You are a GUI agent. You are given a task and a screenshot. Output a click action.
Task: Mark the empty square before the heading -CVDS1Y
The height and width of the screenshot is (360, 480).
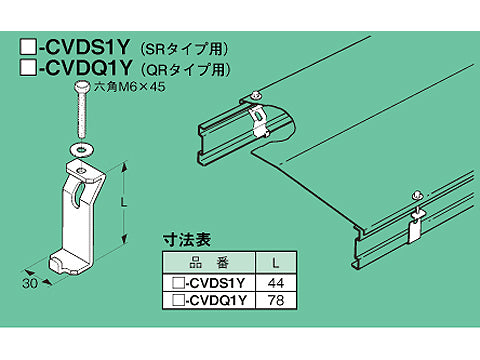pos(29,46)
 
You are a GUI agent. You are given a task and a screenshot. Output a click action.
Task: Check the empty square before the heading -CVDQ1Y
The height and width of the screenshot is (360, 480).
pos(29,69)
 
